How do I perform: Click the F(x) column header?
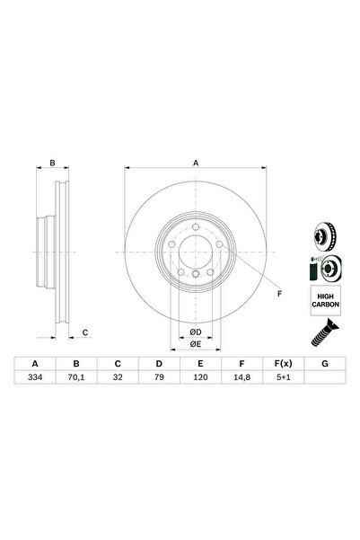pos(282,363)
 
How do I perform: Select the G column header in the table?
pos(322,363)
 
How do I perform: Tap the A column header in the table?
pos(36,363)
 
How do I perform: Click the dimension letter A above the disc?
pos(196,163)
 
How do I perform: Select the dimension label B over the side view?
pos(53,163)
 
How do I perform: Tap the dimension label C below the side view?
pos(84,334)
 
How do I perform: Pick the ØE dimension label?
pos(195,343)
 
